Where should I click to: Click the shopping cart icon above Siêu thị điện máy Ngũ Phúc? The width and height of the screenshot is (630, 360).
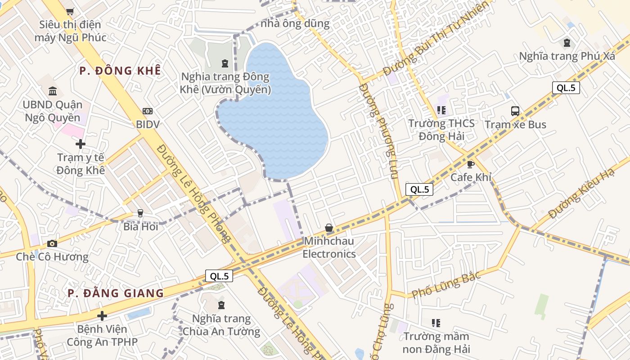click(x=70, y=12)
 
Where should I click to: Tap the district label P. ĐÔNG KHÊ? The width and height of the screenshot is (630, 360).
click(x=120, y=71)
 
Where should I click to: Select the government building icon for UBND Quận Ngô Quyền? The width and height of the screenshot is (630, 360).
click(x=53, y=91)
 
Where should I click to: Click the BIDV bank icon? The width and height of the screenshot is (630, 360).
click(x=148, y=111)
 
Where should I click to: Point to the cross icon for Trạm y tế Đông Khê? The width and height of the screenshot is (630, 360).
click(x=81, y=144)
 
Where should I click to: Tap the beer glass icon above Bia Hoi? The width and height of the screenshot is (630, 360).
click(x=140, y=213)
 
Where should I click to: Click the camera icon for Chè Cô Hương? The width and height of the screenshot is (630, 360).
click(x=52, y=243)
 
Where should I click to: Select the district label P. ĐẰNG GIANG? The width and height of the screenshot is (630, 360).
click(x=116, y=293)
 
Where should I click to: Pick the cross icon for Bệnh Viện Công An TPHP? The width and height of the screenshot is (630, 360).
click(x=102, y=316)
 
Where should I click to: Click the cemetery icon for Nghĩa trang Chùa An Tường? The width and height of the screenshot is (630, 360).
click(x=221, y=305)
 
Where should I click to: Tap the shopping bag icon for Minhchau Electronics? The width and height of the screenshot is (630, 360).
click(x=329, y=228)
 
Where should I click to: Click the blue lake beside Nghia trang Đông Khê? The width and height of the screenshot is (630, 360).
click(x=274, y=117)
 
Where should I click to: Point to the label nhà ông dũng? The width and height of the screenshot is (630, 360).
click(x=295, y=23)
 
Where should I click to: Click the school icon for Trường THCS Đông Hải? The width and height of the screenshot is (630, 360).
click(x=441, y=110)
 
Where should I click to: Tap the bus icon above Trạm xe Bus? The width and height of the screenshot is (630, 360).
click(x=515, y=111)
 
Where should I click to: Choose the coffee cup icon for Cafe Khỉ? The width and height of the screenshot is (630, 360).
click(x=471, y=164)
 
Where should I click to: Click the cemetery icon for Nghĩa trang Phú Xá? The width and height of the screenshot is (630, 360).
click(x=567, y=43)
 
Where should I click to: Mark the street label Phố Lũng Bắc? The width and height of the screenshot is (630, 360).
click(x=446, y=284)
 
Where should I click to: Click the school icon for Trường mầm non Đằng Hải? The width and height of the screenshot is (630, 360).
click(x=436, y=323)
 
